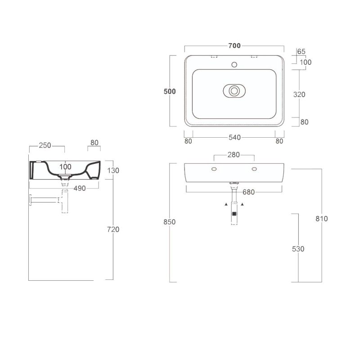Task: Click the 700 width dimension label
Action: [x=234, y=46]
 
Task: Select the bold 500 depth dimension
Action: [x=170, y=91]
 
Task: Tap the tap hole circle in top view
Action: [x=234, y=65]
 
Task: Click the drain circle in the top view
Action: [x=234, y=91]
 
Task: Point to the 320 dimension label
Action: [x=299, y=94]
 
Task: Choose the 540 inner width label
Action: [x=234, y=138]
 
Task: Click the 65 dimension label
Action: [x=301, y=51]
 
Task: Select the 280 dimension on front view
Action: [x=234, y=155]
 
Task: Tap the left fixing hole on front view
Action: [x=214, y=169]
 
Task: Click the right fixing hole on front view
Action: [x=254, y=169]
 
